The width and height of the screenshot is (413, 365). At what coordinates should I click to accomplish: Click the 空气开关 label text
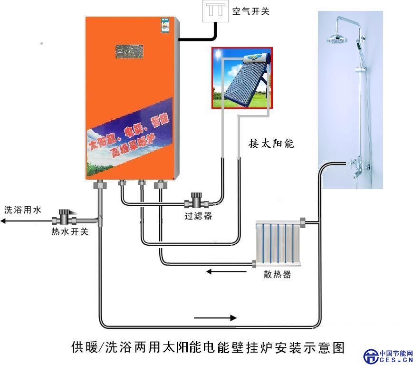point(250,11)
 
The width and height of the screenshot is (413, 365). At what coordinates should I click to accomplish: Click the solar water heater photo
point(242,78)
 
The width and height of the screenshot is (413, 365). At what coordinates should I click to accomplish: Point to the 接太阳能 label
point(271,143)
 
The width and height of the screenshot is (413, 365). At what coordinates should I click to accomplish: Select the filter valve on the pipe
point(195,201)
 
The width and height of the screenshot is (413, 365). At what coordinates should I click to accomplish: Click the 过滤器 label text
point(198,217)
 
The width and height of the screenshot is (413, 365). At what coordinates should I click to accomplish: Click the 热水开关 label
point(70,232)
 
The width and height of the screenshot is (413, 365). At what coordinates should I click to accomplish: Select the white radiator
point(278,244)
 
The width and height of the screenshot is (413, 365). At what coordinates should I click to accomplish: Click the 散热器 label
point(277,275)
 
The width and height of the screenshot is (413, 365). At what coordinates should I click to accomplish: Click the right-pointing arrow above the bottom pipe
point(215,317)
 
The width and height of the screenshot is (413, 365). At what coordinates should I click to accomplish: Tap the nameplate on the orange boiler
point(130,51)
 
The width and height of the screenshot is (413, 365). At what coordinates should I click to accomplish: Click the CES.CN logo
point(389,356)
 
